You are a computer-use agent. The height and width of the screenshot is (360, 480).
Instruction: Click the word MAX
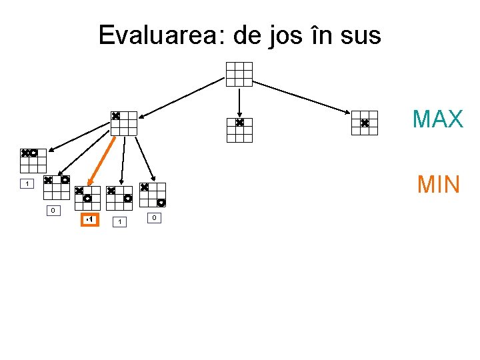[437, 119]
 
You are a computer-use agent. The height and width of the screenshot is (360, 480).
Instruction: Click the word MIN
[438, 183]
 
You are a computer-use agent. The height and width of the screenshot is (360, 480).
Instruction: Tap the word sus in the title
[361, 35]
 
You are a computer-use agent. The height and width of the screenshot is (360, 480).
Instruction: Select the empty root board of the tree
[239, 74]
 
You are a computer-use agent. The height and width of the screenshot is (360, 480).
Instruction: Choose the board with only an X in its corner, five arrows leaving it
[123, 123]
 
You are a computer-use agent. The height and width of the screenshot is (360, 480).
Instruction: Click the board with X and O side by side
[33, 161]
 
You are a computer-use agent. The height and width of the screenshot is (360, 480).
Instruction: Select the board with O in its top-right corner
[57, 188]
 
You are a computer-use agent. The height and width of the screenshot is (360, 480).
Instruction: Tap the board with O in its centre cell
[87, 199]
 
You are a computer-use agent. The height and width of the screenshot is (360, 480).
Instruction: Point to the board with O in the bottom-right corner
[153, 195]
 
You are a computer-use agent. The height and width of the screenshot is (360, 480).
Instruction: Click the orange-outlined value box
[89, 220]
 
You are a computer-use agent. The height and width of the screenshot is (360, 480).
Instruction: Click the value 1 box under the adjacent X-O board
[26, 184]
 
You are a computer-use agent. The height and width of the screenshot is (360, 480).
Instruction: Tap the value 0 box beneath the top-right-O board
[52, 211]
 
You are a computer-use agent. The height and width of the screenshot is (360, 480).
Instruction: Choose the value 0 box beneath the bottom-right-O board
[153, 218]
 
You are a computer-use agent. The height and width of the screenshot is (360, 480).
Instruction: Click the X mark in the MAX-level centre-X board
[239, 123]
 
